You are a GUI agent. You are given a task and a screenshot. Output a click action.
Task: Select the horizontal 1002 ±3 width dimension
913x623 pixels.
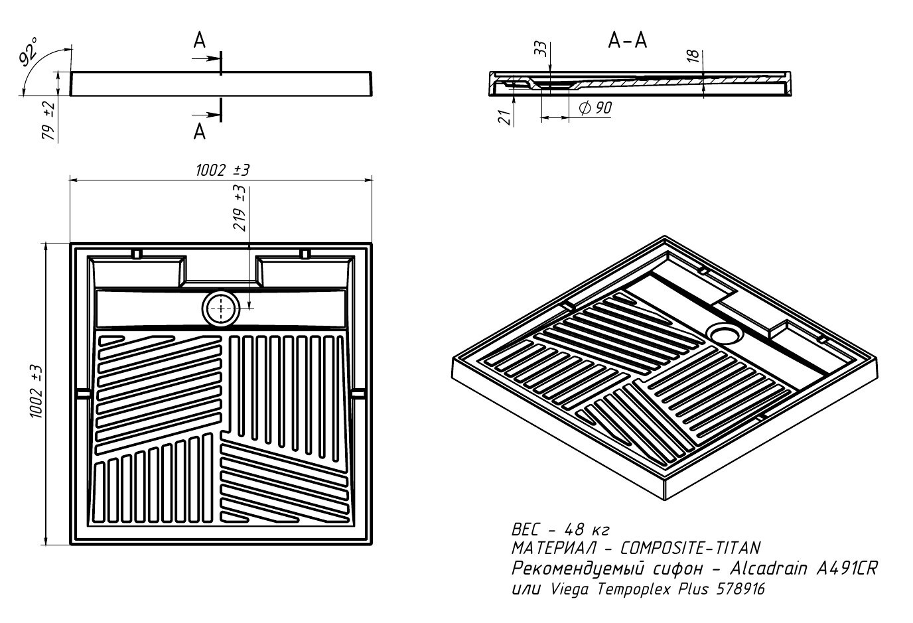point(222,171)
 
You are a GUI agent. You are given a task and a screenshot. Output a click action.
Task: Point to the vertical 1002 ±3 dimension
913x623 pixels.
point(36,391)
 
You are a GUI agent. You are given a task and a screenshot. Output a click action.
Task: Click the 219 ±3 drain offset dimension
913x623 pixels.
point(240,208)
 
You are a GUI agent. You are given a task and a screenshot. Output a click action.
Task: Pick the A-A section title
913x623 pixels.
point(627,41)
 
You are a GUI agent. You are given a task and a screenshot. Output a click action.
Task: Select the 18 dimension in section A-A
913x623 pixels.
point(694,56)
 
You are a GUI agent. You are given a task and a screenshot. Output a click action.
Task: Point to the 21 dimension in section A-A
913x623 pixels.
point(504,117)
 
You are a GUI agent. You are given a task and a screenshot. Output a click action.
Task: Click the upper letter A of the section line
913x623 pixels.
point(199,42)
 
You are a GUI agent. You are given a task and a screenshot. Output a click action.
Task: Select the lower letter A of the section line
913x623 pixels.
point(199,132)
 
